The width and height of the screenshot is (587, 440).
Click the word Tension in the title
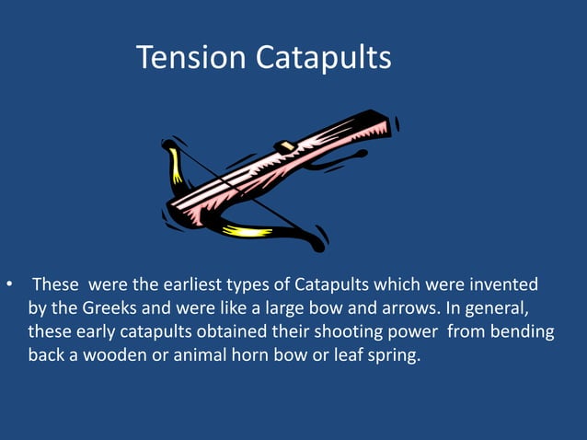click(191, 57)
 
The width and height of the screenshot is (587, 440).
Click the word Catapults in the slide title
click(324, 57)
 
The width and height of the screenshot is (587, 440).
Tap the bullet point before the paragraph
click(9, 285)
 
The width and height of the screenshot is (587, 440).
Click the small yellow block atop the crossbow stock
click(286, 146)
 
